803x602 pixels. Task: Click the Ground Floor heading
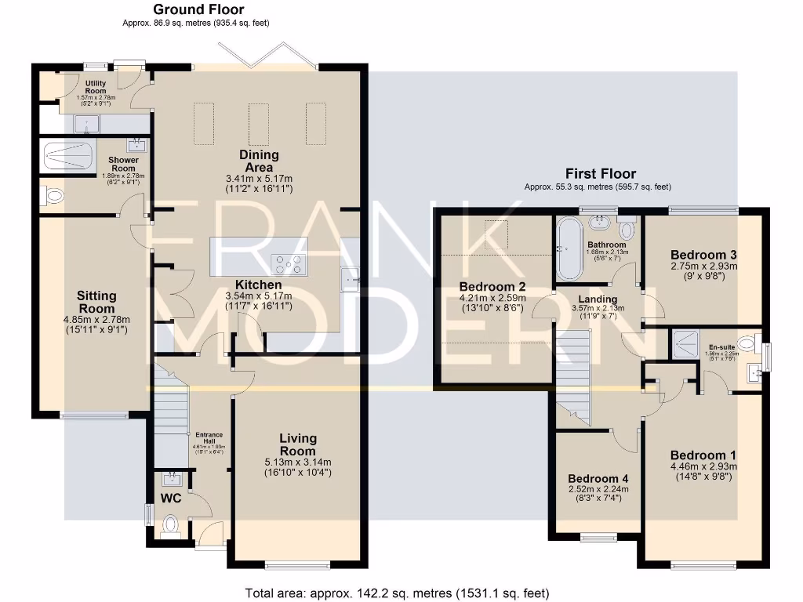(198, 10)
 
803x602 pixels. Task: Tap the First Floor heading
(601, 174)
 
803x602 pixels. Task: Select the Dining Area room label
(259, 161)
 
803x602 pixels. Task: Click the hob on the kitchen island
(288, 265)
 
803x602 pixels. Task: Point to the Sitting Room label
(96, 302)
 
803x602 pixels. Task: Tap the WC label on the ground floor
(171, 498)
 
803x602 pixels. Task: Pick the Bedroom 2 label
(492, 286)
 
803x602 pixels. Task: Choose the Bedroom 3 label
(703, 255)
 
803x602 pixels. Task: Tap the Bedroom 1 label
(703, 455)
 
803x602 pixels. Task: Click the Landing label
(598, 299)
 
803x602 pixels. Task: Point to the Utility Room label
(96, 87)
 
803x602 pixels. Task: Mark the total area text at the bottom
(397, 593)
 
